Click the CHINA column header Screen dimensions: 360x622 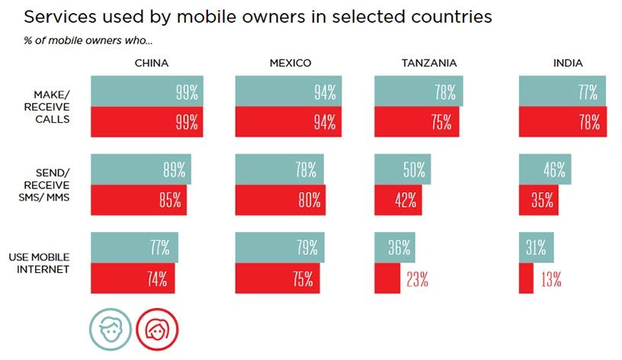150,63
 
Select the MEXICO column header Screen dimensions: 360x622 290,63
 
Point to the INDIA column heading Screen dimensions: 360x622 568,63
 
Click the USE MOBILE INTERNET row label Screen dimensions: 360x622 46,263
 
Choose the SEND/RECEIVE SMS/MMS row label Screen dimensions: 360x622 46,184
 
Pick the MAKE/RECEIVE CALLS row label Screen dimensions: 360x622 46,107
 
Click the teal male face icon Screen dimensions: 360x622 108,328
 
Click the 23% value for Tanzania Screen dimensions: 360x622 416,279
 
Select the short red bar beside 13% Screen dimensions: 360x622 526,278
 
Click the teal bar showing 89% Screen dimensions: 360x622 141,170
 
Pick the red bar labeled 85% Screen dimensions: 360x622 138,200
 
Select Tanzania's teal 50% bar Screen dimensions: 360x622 402,170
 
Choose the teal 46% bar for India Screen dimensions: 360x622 545,170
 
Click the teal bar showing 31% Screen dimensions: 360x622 536,248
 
